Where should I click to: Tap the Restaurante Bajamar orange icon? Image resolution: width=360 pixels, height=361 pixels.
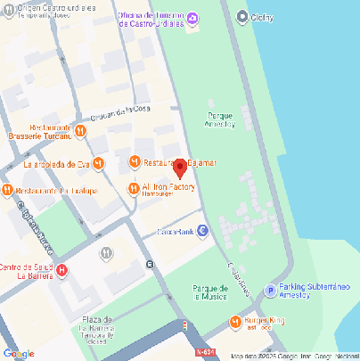click(134, 162)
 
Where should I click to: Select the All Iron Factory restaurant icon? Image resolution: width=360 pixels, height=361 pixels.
click(134, 187)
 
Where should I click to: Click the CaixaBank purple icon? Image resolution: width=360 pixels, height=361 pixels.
click(202, 231)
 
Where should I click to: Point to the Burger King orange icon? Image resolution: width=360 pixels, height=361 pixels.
click(235, 322)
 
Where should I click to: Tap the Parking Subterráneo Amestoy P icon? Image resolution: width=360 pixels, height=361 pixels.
click(270, 290)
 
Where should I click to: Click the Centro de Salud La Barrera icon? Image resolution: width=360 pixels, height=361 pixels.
click(61, 271)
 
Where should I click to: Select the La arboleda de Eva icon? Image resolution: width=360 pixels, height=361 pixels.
click(99, 163)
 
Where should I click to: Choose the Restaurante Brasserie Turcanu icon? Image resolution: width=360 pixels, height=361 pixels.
click(80, 131)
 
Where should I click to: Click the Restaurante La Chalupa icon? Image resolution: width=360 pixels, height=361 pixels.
click(7, 190)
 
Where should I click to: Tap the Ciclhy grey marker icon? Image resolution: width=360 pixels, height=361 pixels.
click(243, 16)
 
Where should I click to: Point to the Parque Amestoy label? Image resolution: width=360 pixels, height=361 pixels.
click(221, 120)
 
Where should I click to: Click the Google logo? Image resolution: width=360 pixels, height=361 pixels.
click(19, 353)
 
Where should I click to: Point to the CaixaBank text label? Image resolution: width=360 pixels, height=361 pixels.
click(176, 231)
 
